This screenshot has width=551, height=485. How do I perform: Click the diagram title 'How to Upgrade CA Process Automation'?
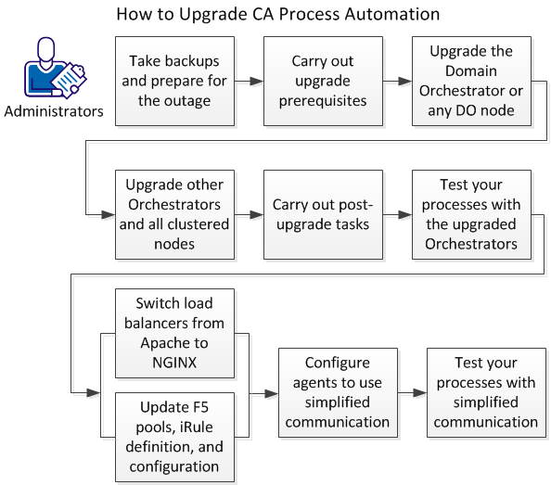277,15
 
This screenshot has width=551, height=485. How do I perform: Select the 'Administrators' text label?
54,112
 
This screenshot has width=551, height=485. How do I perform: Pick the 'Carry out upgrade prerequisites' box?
322,82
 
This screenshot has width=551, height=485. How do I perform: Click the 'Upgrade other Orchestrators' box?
173,214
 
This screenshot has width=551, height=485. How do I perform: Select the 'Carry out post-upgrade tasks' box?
322,214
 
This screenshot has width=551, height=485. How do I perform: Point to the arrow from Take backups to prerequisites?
248,82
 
